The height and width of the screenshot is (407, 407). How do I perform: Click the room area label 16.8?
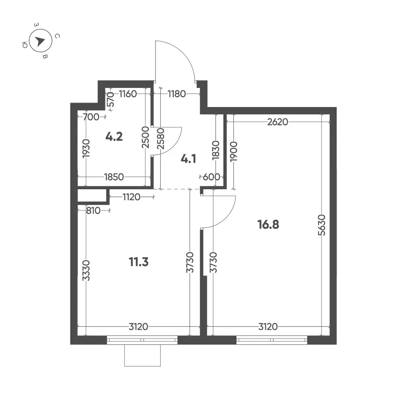268,225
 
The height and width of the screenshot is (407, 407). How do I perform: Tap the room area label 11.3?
139,262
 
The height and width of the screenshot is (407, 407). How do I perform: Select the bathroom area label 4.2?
114,136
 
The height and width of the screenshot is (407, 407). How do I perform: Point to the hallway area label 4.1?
188,159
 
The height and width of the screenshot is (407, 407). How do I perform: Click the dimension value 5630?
322,225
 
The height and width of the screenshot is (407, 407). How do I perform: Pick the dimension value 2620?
278,122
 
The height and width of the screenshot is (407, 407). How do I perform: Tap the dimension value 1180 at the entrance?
177,94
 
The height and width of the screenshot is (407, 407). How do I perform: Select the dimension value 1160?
128,94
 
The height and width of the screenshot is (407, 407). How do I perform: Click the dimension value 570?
111,99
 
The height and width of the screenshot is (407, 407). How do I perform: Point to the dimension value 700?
91,117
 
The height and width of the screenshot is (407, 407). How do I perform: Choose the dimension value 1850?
114,177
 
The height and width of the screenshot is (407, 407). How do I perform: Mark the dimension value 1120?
131,197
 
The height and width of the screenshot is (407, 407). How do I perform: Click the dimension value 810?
93,210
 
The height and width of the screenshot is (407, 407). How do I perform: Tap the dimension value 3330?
86,271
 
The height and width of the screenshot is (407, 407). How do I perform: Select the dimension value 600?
212,177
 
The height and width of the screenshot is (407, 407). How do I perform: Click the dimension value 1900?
234,151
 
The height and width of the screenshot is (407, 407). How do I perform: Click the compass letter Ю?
25,46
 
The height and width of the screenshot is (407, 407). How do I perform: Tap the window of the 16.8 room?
272,340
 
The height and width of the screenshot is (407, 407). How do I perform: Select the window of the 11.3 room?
142,340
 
